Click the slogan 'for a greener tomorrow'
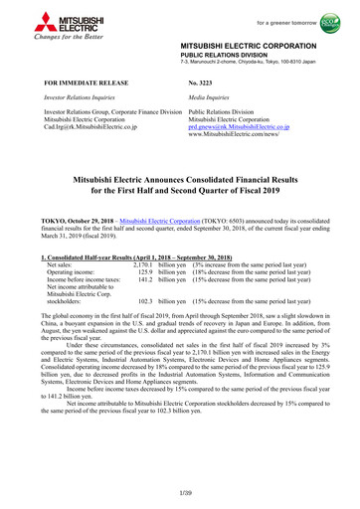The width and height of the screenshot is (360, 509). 282,12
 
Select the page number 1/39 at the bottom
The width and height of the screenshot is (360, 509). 180,495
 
